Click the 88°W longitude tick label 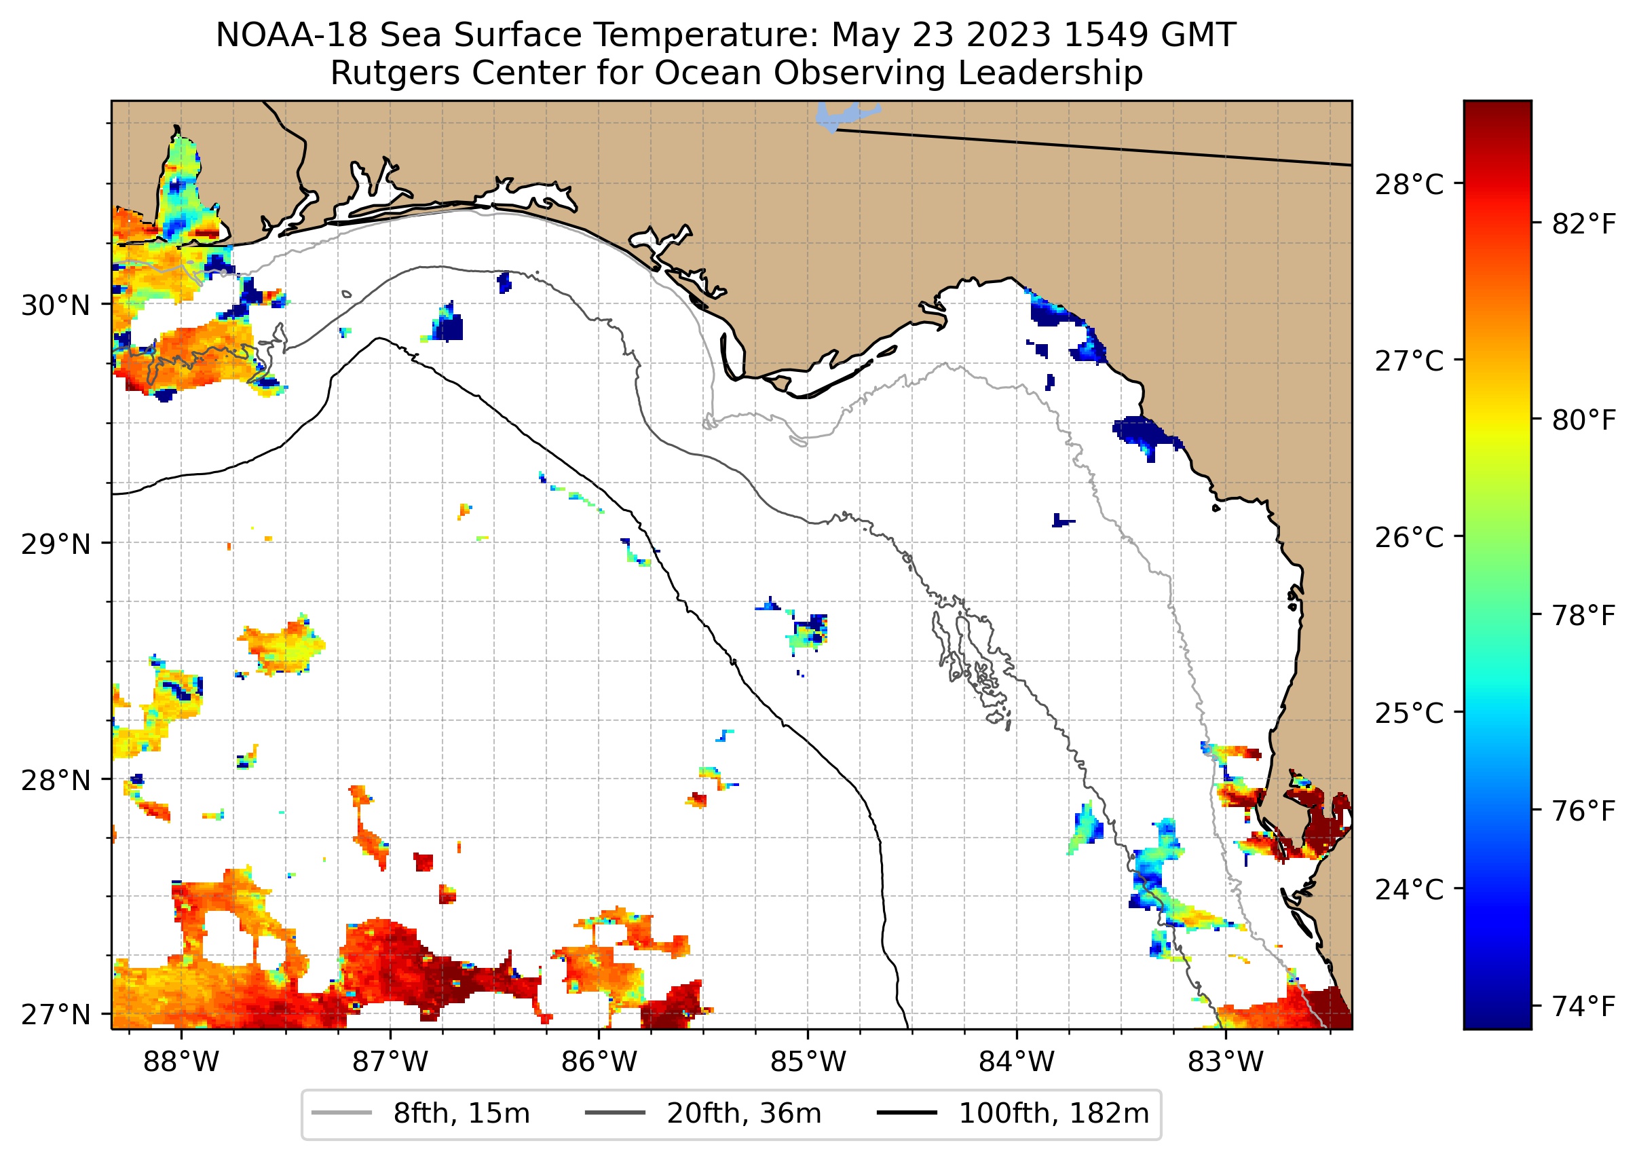click(x=181, y=1062)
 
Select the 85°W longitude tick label click(x=807, y=1062)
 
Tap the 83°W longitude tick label click(x=1225, y=1062)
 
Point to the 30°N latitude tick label click(x=56, y=305)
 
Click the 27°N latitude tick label click(x=56, y=1014)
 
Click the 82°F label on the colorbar click(x=1583, y=225)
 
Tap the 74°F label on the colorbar click(x=1583, y=1007)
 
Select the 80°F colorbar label click(x=1583, y=421)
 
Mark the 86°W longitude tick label click(x=599, y=1062)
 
